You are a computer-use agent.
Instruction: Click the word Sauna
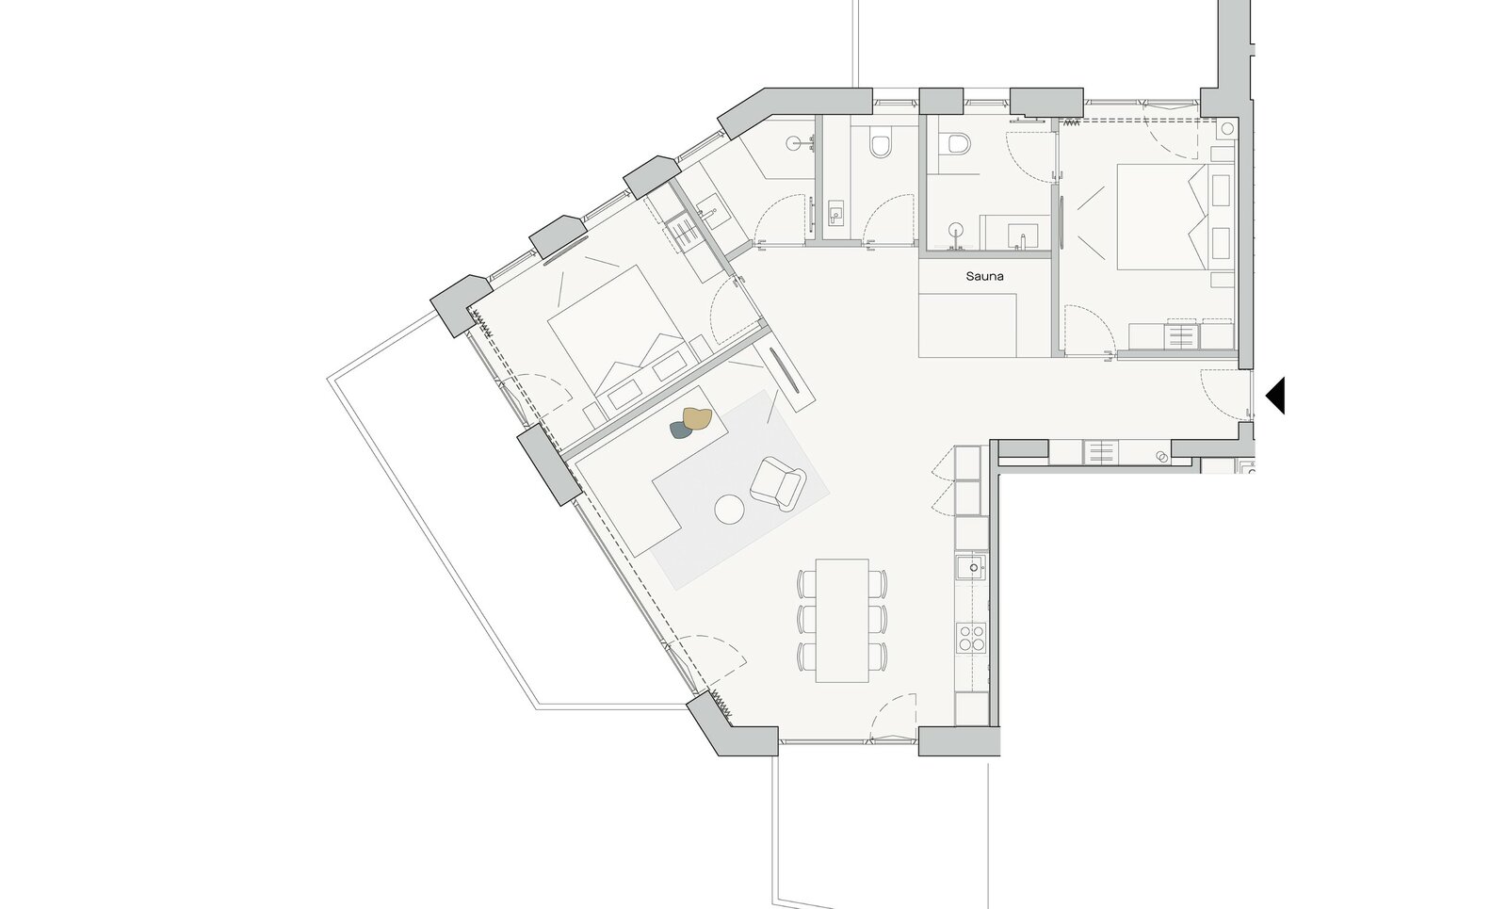[x=984, y=276]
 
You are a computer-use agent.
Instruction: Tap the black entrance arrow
[x=1276, y=395]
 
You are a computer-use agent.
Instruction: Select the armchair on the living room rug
[x=778, y=481]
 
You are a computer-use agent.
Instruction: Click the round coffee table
[x=729, y=510]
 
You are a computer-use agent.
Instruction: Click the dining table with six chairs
[x=842, y=621]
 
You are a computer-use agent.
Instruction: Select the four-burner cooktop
[x=971, y=637]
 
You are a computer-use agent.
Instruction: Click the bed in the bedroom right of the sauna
[x=1175, y=217]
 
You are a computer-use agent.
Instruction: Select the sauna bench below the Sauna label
[x=967, y=326]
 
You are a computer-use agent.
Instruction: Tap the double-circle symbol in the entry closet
[x=1160, y=457]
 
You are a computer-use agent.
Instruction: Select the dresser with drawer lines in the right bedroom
[x=1182, y=335]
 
